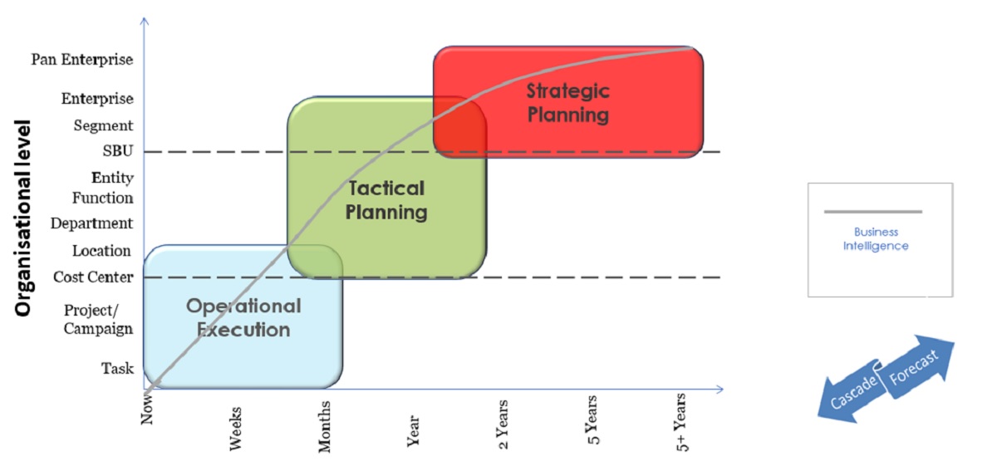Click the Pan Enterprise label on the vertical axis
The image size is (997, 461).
(82, 59)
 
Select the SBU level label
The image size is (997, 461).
(118, 151)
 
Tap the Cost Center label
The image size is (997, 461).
(93, 277)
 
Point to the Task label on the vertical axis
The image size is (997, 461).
(117, 368)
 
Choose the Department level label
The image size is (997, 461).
(91, 223)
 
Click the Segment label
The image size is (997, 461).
(103, 126)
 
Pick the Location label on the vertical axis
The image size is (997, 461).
(101, 251)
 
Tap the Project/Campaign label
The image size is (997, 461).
(98, 319)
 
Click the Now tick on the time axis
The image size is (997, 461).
(147, 410)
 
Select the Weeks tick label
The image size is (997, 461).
(235, 429)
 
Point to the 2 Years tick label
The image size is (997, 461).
(502, 424)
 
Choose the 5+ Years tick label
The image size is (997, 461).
(681, 422)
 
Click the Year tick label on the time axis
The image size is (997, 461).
(413, 431)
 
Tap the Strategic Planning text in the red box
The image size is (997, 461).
(568, 103)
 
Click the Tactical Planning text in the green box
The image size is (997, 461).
(386, 200)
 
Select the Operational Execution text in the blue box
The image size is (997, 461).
(243, 317)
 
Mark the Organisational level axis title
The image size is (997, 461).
(23, 218)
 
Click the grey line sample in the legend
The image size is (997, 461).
(873, 212)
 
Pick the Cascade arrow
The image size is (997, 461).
(850, 392)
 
